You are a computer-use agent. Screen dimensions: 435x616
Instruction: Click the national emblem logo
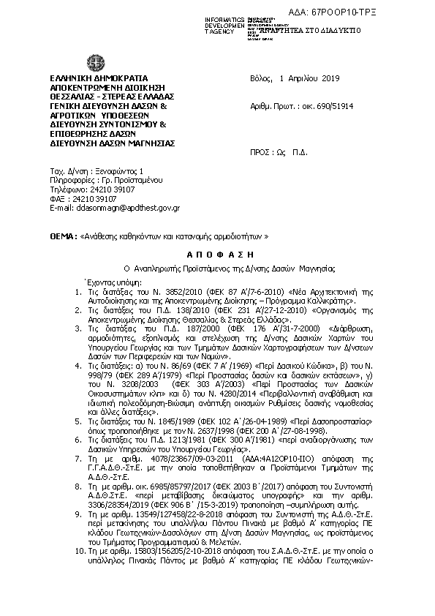95,63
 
